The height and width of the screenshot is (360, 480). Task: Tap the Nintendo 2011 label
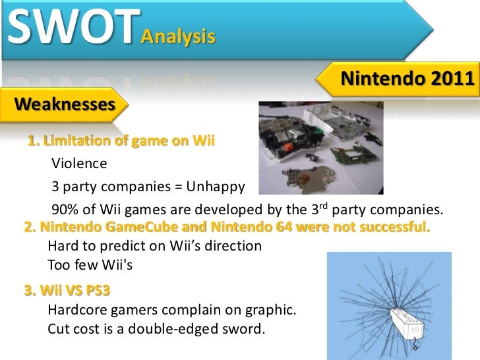click(x=407, y=80)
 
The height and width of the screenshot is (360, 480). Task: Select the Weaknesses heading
click(x=64, y=104)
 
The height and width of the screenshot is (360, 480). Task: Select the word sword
click(x=245, y=328)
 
